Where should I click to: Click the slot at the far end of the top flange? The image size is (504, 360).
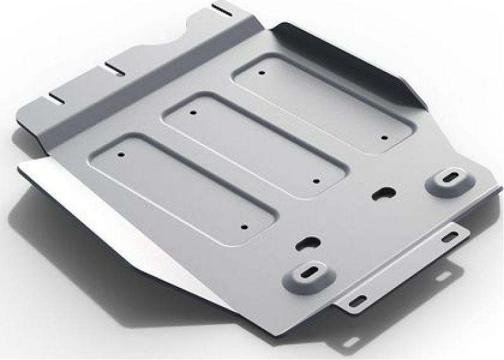coord(223,9)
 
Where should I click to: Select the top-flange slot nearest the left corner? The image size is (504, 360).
coord(57,99)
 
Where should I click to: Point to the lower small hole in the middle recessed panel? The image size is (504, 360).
coord(317,181)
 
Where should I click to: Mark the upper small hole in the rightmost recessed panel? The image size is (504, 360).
coord(261,73)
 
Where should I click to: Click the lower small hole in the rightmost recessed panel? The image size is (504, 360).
coord(384,136)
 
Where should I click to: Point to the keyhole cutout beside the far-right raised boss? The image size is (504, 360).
coord(384,191)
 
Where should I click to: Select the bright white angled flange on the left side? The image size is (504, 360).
coord(102,210)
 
